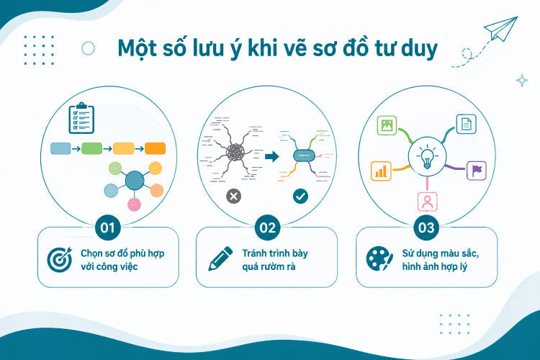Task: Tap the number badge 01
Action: (x=107, y=228)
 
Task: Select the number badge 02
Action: (x=268, y=228)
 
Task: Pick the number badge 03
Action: (x=426, y=228)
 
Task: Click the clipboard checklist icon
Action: (x=81, y=118)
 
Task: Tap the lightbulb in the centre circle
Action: (x=427, y=158)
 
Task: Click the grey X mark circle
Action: (x=233, y=197)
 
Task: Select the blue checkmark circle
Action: (x=300, y=197)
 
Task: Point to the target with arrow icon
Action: (x=60, y=260)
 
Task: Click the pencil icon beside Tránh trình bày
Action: (x=220, y=258)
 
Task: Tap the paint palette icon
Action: (x=379, y=259)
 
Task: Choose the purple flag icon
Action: (x=477, y=171)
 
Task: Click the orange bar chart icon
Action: (x=381, y=171)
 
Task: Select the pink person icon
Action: (x=428, y=202)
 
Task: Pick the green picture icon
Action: (x=387, y=125)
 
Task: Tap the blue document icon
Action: (x=467, y=124)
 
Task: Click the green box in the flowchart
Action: (x=91, y=148)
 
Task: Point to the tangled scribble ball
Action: (x=235, y=152)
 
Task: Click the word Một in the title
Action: (x=135, y=48)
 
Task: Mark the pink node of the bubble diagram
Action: (x=135, y=204)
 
